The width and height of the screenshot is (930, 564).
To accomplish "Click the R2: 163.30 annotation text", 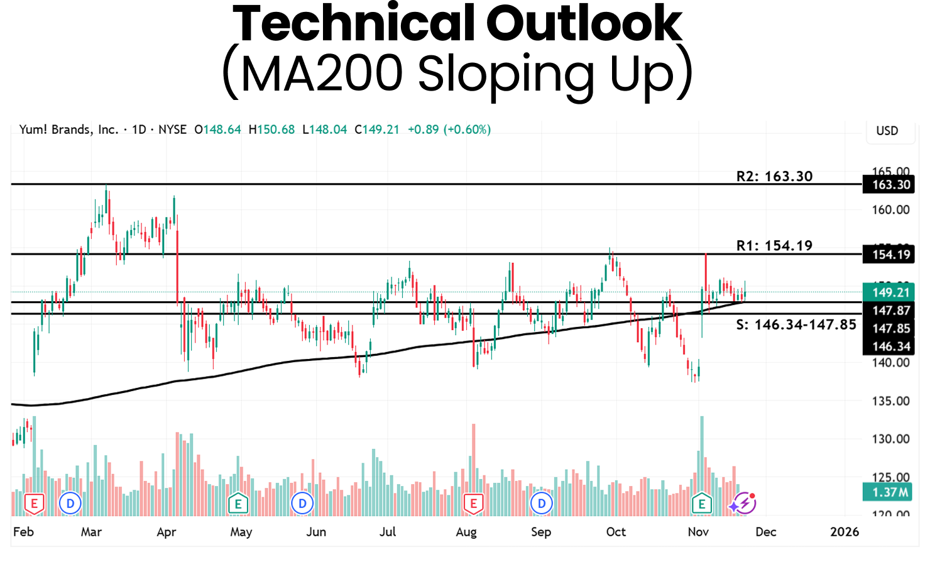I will [x=774, y=176].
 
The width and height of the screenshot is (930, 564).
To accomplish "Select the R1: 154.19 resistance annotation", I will [x=774, y=245].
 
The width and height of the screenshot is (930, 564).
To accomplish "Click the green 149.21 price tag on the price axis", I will [x=890, y=292].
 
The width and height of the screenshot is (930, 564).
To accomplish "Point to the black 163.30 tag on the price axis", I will [x=890, y=185].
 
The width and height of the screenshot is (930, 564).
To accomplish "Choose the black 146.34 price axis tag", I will [x=890, y=346].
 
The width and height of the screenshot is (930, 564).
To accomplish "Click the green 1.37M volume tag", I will [x=890, y=492].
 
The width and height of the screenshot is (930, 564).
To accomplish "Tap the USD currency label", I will [x=887, y=131].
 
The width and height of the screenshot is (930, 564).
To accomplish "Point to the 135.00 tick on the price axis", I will [x=890, y=401].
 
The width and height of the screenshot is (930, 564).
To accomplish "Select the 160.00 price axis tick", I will [x=890, y=210].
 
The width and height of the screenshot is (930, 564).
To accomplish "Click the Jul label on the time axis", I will [x=388, y=532].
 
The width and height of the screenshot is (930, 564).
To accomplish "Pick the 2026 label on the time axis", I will [x=844, y=532].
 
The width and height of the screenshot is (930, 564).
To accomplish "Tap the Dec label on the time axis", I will [x=765, y=532].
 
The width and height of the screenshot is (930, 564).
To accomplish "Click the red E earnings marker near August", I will [x=473, y=503].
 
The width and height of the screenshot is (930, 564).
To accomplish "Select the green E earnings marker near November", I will [x=701, y=503].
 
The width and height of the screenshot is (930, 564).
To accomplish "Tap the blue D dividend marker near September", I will [x=542, y=503].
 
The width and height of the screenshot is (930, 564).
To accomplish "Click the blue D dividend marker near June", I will [x=303, y=503].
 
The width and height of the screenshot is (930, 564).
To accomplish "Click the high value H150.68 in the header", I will [x=271, y=130].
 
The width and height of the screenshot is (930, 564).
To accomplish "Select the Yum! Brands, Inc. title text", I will [x=68, y=130].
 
